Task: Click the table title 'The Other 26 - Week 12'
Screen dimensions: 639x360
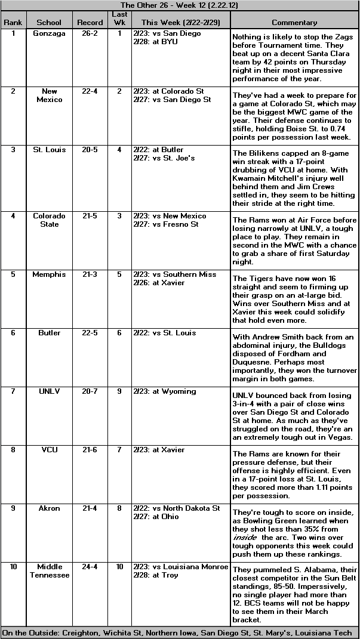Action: click(x=180, y=5)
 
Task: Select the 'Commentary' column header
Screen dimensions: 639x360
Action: click(x=294, y=23)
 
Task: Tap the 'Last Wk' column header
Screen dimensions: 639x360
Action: click(x=119, y=18)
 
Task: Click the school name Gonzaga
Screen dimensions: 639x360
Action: click(x=49, y=33)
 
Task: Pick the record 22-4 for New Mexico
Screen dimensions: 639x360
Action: click(x=90, y=91)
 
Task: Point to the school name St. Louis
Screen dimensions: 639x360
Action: click(x=49, y=150)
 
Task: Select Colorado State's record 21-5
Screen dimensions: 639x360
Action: click(x=90, y=216)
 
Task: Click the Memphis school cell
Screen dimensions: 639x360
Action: click(x=49, y=274)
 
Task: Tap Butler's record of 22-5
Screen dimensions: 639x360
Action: click(x=90, y=333)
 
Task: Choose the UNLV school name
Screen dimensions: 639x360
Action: click(x=49, y=391)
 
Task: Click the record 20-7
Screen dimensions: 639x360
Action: click(x=90, y=391)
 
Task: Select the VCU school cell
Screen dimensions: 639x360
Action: click(x=49, y=450)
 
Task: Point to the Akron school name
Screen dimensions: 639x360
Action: click(x=49, y=508)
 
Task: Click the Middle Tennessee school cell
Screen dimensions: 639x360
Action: click(x=49, y=571)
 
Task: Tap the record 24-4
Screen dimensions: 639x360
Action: click(x=90, y=567)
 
